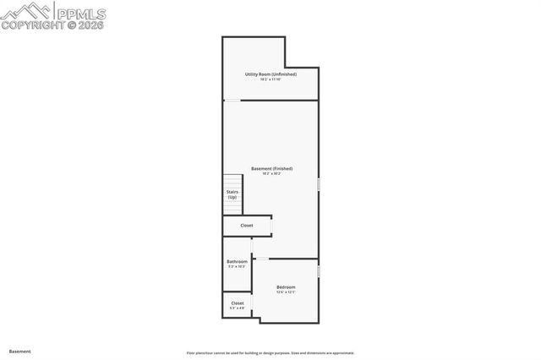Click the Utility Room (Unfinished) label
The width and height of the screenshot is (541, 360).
point(270,74)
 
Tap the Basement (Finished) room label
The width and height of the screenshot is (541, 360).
point(271,168)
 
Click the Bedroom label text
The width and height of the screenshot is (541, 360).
point(286,287)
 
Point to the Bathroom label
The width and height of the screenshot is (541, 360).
point(237,262)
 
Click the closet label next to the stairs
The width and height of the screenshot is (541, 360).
point(247,226)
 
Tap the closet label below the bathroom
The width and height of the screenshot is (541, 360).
point(238,303)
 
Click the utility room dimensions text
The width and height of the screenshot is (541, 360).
point(270,79)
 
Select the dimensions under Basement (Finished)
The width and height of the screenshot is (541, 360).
point(271,174)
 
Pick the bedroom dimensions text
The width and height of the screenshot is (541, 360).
point(286,293)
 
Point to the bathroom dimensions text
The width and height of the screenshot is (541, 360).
point(237,267)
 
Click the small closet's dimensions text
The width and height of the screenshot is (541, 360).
point(238,308)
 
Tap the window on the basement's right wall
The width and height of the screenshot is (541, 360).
point(318,183)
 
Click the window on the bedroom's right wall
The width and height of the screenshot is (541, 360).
point(318,271)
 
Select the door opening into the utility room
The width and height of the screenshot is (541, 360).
point(232,101)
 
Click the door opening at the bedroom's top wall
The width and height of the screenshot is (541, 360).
point(262,259)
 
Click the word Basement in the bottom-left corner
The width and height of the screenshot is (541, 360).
point(20,351)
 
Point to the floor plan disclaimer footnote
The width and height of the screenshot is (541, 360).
point(270,353)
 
